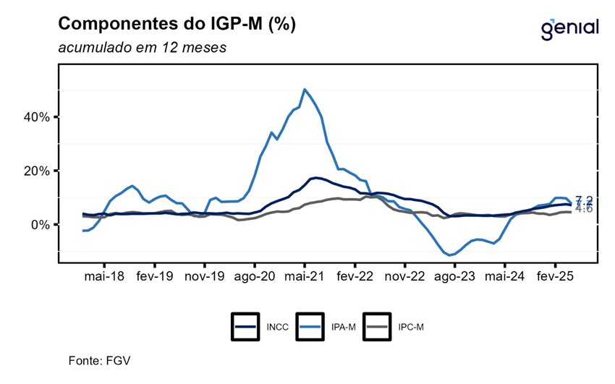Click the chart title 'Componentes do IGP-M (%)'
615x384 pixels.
tap(177, 24)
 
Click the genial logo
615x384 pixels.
tap(569, 28)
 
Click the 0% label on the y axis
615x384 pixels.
tap(40, 225)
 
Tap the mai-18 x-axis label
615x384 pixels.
tap(105, 276)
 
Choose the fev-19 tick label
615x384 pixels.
tap(155, 276)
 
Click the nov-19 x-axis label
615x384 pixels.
tap(205, 276)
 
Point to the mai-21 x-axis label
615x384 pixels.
tap(305, 276)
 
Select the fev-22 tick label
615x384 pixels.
tap(355, 276)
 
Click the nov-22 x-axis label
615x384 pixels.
tap(404, 276)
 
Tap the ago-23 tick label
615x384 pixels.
tap(454, 276)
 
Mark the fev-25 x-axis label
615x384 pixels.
tap(554, 276)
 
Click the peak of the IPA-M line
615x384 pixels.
tap(305, 90)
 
